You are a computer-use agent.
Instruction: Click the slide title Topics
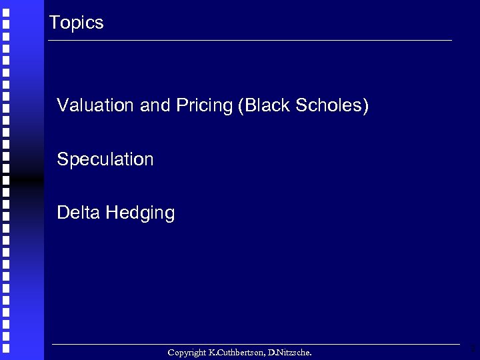click(77, 23)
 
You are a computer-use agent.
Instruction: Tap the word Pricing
click(204, 106)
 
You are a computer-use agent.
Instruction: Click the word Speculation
click(105, 160)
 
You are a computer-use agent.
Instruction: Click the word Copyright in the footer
click(187, 352)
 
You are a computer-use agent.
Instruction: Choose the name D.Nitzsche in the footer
click(288, 352)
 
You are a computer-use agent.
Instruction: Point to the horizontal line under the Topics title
click(250, 41)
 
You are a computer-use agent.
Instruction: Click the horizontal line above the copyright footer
click(257, 344)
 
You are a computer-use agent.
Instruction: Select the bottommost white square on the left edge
click(5, 349)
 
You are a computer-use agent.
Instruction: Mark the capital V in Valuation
click(62, 105)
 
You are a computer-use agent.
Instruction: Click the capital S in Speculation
click(62, 159)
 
